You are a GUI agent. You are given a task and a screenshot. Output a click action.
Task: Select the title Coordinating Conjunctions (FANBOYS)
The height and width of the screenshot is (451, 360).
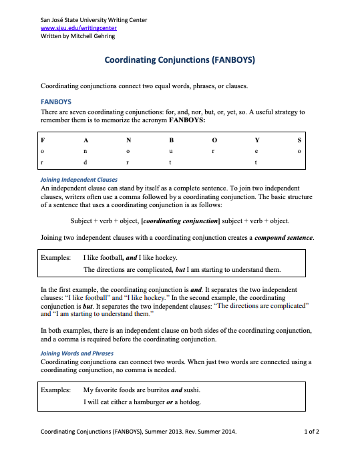(180, 60)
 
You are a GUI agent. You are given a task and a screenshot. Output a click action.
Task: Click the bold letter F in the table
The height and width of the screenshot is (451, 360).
(43, 140)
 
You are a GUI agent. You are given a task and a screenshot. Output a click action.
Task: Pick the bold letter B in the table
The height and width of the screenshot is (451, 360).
(171, 140)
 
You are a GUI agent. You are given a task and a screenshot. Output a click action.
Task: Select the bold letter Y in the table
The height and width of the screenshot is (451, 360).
(257, 140)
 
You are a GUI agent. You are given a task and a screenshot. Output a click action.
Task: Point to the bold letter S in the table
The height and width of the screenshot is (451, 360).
(299, 140)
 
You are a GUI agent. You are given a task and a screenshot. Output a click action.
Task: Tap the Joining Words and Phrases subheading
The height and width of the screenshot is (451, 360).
(77, 353)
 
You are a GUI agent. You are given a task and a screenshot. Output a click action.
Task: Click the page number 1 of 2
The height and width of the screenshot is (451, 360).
(311, 432)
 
